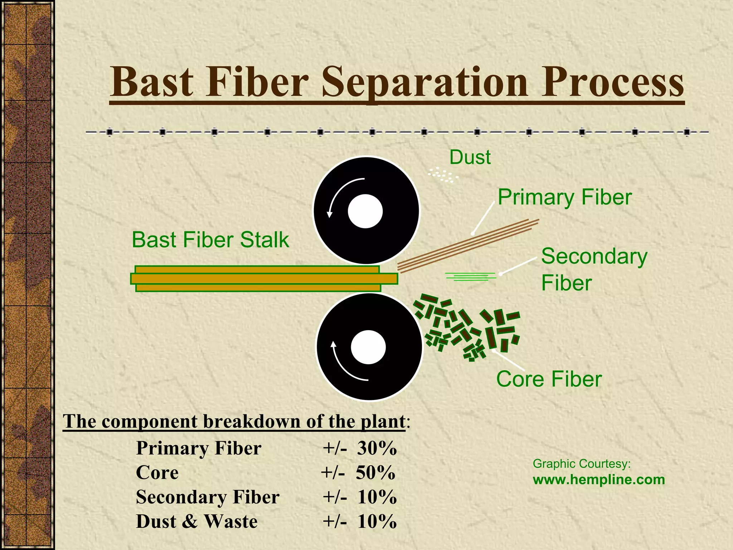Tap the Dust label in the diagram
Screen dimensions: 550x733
(x=470, y=158)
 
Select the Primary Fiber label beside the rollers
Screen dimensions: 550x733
(x=564, y=197)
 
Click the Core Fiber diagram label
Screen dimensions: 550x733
(x=549, y=379)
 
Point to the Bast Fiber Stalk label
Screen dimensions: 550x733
(x=210, y=240)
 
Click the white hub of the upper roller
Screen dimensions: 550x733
(x=365, y=211)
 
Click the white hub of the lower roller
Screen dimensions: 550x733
(x=368, y=347)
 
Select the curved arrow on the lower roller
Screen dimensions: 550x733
(x=344, y=365)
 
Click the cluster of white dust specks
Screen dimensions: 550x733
(x=443, y=175)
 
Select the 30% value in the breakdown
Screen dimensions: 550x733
(x=377, y=448)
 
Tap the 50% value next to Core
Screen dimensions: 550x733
(x=375, y=473)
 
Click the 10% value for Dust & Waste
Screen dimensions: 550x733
(x=377, y=521)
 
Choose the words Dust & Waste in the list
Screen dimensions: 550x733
(x=196, y=521)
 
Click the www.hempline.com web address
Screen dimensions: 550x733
(x=598, y=480)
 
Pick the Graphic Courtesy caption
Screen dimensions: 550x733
(x=582, y=464)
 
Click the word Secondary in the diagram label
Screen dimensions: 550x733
(x=594, y=256)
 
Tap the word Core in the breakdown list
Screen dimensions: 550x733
(x=157, y=473)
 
